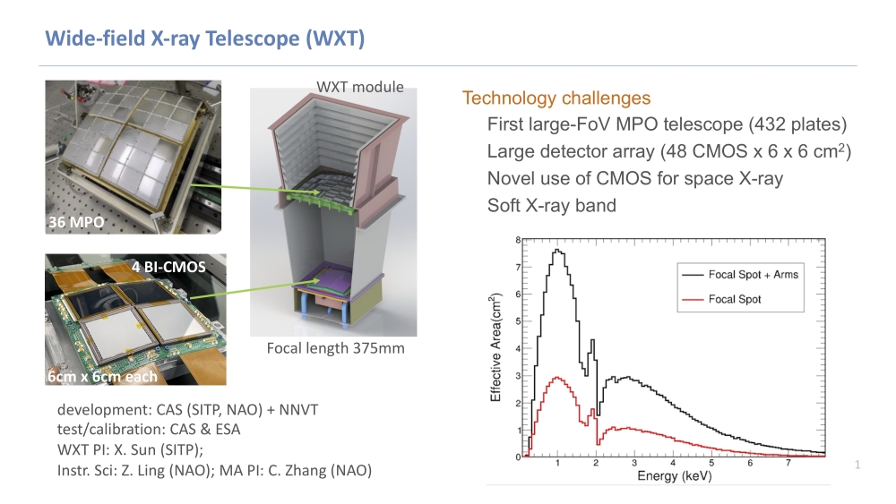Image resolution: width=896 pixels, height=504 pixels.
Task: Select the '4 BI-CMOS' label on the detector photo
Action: pyautogui.click(x=168, y=266)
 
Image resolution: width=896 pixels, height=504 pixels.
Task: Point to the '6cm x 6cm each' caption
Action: pyautogui.click(x=102, y=376)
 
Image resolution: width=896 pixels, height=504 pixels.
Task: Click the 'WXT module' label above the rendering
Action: pyautogui.click(x=360, y=87)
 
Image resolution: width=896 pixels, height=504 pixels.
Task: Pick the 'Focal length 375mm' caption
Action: pyautogui.click(x=336, y=347)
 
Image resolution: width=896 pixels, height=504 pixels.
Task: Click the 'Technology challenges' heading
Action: pyautogui.click(x=556, y=98)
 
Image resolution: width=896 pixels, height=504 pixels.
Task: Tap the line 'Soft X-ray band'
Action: pyautogui.click(x=551, y=206)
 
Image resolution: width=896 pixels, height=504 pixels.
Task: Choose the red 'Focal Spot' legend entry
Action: pyautogui.click(x=735, y=299)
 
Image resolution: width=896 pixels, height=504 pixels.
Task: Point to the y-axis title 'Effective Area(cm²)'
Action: pyautogui.click(x=495, y=349)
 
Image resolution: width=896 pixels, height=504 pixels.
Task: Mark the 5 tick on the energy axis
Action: pyautogui.click(x=711, y=465)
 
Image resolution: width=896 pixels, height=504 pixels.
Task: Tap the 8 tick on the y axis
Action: pyautogui.click(x=516, y=241)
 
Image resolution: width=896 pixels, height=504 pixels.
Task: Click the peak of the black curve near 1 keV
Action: pyautogui.click(x=557, y=251)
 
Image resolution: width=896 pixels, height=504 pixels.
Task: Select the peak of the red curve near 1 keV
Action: pyautogui.click(x=557, y=377)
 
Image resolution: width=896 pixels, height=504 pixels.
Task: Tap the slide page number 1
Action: pyautogui.click(x=857, y=465)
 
